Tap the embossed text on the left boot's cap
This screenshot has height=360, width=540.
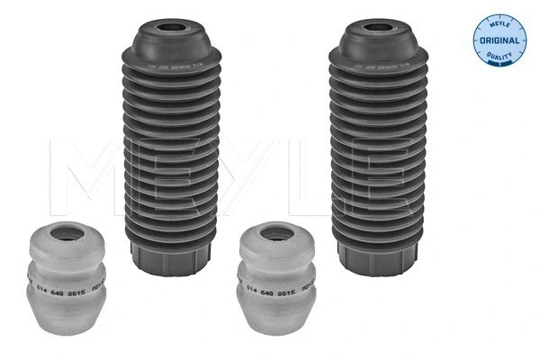coord(172,67)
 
